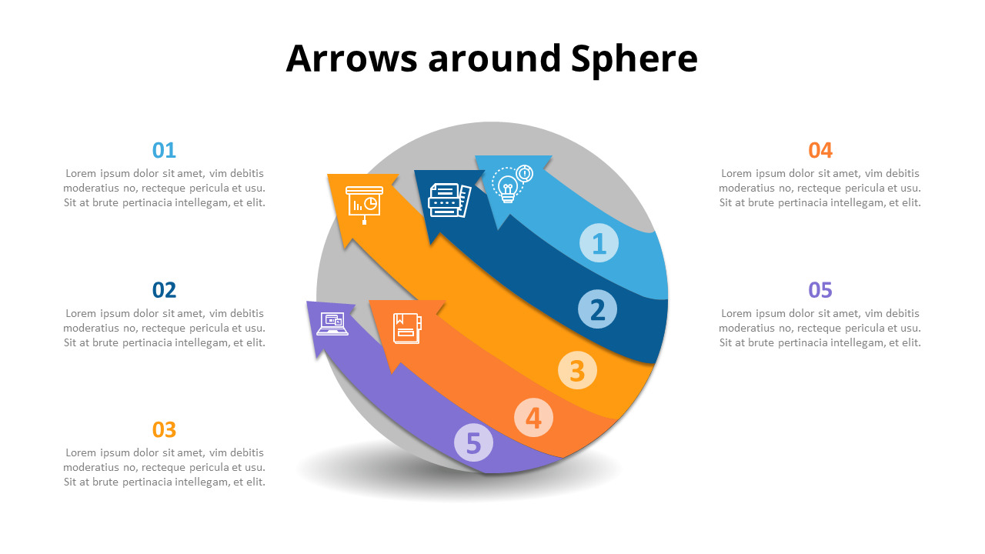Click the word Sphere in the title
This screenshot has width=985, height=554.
634,58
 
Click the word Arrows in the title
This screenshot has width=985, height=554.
352,58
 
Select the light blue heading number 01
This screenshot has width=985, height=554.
164,150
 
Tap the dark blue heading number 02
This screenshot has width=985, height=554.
164,290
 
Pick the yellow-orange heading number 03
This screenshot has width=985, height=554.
164,429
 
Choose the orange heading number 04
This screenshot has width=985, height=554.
820,150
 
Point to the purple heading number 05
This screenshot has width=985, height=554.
820,290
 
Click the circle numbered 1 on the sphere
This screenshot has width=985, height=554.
599,243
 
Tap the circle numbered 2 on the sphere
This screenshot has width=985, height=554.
598,309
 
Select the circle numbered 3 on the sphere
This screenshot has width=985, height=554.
577,370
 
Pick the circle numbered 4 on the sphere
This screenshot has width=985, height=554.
533,418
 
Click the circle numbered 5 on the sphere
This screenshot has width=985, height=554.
473,443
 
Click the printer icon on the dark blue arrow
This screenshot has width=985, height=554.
449,200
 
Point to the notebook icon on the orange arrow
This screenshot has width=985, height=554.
406,328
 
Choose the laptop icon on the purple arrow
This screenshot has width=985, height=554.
332,324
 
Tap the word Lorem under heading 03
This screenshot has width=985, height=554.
82,452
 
